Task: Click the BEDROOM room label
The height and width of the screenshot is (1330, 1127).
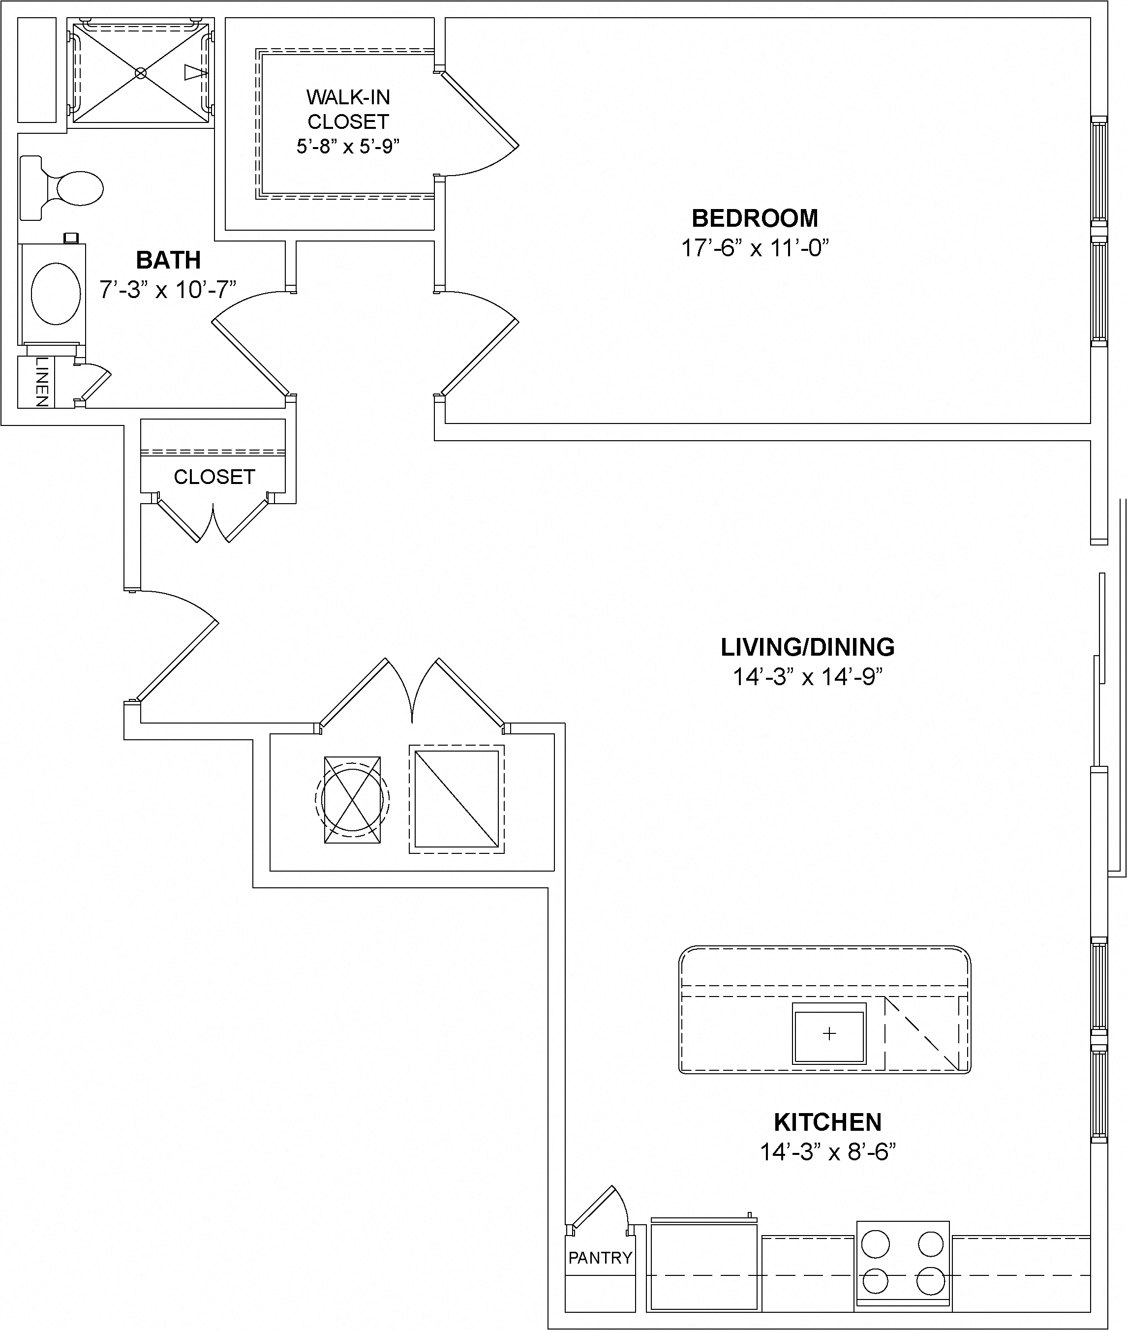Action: click(755, 218)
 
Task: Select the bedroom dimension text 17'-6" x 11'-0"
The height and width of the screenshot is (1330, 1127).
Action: click(755, 248)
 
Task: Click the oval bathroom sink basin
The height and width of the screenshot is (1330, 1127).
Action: click(56, 293)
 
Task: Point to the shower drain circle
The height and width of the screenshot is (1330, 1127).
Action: click(141, 73)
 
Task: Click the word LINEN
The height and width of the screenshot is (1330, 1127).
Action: click(41, 382)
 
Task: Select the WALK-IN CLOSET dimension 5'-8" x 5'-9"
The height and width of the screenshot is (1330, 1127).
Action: click(348, 146)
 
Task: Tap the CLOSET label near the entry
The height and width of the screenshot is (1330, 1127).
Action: click(214, 477)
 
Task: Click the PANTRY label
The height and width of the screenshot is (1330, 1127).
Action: click(600, 1258)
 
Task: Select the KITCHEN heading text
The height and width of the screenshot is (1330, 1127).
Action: click(827, 1122)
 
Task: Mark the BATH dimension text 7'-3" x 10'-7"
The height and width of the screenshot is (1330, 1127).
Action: click(167, 290)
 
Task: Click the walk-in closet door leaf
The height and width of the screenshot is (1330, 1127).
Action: click(479, 109)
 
